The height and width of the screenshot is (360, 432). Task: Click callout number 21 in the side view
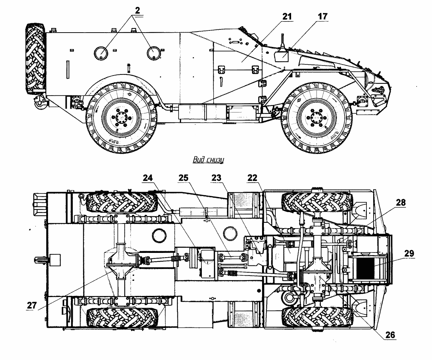coord(287,17)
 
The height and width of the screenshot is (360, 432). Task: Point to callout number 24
coord(148,178)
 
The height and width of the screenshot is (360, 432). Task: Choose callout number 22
coord(253,178)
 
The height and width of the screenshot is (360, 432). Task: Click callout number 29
coord(409,254)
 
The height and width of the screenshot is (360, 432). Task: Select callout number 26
coord(390,335)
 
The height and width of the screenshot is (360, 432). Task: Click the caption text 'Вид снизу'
coord(208,159)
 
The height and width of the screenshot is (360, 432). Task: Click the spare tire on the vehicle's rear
coord(35,59)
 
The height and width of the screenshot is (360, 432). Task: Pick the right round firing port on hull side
coord(154,53)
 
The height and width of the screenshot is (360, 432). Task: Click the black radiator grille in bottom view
coord(367,269)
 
